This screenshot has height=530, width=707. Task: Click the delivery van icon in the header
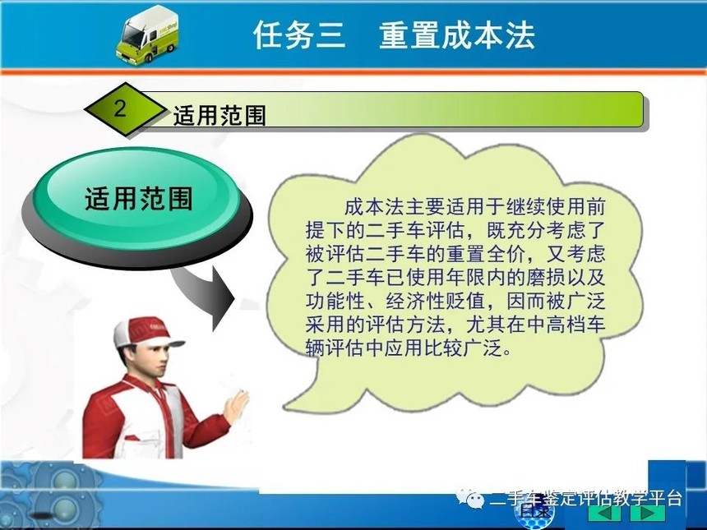[x=148, y=35]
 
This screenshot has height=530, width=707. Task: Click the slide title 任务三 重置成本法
[x=394, y=35]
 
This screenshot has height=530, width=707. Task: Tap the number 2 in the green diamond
[x=120, y=108]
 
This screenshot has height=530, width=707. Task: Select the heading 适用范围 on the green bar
[x=219, y=115]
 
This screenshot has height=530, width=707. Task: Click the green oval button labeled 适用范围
[x=137, y=199]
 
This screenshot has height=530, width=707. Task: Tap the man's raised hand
[x=236, y=404]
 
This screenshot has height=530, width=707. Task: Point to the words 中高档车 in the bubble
[x=565, y=324]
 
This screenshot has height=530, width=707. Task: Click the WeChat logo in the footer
[x=470, y=498]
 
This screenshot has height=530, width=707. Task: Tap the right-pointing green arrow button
[x=647, y=514]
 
